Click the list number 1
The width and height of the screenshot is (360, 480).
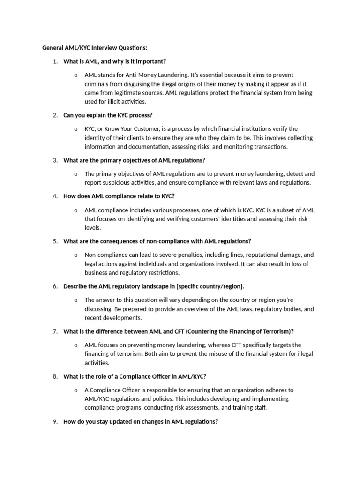click(55, 61)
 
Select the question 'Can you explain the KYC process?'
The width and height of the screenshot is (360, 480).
click(108, 115)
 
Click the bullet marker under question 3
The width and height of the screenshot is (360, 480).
click(76, 174)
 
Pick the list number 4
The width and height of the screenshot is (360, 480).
click(55, 196)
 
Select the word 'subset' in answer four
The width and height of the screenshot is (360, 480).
click(277, 210)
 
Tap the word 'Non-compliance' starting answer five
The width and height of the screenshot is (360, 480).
click(106, 255)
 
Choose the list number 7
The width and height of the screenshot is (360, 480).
click(55, 331)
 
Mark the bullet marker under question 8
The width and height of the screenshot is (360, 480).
click(76, 390)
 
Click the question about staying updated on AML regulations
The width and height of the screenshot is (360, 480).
click(141, 421)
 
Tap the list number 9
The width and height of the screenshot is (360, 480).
click(55, 421)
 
